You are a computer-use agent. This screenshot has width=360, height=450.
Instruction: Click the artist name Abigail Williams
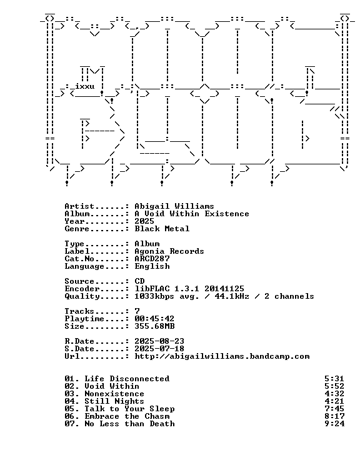coord(174,206)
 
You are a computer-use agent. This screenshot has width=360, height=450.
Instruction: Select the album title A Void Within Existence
coord(192,214)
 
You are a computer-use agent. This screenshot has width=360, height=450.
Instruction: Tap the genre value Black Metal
coord(162,229)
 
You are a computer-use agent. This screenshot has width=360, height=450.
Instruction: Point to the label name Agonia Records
coord(169,251)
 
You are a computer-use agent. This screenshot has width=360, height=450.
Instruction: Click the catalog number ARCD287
coord(152,259)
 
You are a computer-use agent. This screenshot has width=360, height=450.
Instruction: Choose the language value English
coord(152,266)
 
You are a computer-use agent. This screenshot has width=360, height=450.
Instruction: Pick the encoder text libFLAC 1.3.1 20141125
coord(189,289)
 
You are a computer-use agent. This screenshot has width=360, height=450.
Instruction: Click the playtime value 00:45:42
coord(154,319)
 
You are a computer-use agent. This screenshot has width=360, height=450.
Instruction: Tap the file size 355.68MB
coord(154,326)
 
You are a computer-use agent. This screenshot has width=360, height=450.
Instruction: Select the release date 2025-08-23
coord(159,341)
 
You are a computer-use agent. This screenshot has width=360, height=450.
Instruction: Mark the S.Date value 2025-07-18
coord(159,349)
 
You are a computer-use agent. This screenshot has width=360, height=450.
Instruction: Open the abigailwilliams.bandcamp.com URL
coord(222,356)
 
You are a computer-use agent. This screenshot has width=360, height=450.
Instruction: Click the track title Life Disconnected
coord(127,379)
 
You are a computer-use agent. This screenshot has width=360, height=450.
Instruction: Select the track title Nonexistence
coord(114,394)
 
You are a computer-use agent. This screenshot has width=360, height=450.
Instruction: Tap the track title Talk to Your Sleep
coord(129,409)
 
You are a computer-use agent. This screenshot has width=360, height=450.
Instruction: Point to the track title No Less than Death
coord(129,424)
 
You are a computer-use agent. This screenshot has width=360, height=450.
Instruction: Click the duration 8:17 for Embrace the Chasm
coord(334,416)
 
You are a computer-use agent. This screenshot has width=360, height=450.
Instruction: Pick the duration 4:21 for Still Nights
coord(334,401)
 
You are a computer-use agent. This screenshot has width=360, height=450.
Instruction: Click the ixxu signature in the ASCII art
coord(85,86)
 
